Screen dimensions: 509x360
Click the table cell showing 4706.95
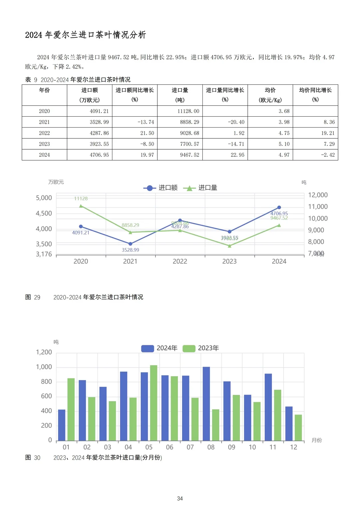[99, 155]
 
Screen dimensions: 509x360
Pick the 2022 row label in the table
[44, 133]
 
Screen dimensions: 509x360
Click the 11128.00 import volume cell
[188, 111]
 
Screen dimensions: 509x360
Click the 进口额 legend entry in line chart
[161, 188]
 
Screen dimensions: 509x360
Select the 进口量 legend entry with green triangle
[201, 188]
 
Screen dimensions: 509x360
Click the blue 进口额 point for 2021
[130, 244]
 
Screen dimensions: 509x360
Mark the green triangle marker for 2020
[81, 206]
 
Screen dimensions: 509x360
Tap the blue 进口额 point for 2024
[279, 207]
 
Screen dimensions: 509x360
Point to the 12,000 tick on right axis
[317, 195]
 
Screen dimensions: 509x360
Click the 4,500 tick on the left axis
[44, 213]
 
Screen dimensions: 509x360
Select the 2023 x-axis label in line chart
[229, 261]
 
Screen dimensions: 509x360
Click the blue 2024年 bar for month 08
[206, 403]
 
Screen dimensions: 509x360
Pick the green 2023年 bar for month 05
[154, 403]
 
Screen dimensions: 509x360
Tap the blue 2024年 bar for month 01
[62, 425]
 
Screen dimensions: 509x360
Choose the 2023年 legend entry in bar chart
[201, 348]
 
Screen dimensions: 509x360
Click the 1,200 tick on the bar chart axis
[44, 352]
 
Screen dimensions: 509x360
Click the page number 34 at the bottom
[180, 498]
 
